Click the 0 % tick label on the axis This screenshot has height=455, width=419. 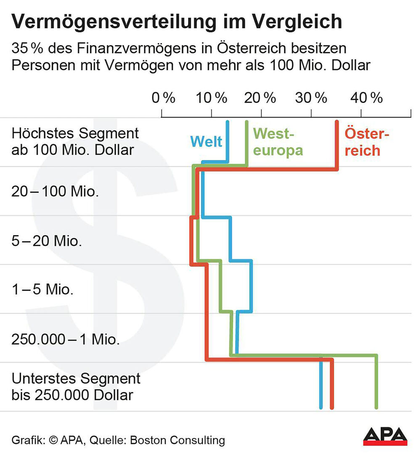tap(163, 98)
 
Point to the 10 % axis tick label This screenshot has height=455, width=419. tap(212, 98)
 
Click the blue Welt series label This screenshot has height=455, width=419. tap(206, 142)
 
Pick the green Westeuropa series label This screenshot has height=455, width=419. tap(278, 142)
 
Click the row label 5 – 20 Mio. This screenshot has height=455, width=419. tap(47, 241)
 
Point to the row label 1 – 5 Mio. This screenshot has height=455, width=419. tap(42, 290)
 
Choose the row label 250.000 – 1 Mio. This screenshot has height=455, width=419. tap(66, 339)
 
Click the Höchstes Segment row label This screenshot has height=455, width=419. tap(75, 142)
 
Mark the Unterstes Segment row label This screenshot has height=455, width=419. tap(76, 387)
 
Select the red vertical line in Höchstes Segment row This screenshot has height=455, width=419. tap(337, 143)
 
